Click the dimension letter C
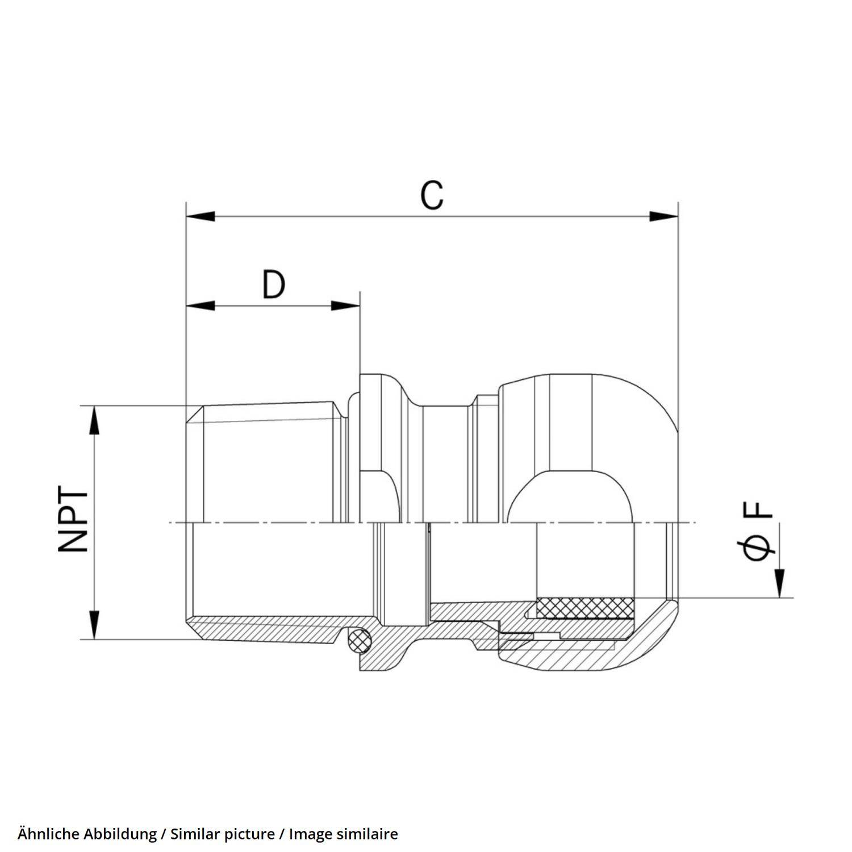coord(431,195)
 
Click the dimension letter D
coord(273,285)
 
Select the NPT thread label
coord(74,519)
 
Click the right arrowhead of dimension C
coord(663,216)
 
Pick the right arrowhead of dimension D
coord(345,306)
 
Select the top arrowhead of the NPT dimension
coord(94,420)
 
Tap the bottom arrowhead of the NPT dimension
coord(94,625)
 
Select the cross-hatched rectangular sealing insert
coord(585,608)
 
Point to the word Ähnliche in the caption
coord(49,834)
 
